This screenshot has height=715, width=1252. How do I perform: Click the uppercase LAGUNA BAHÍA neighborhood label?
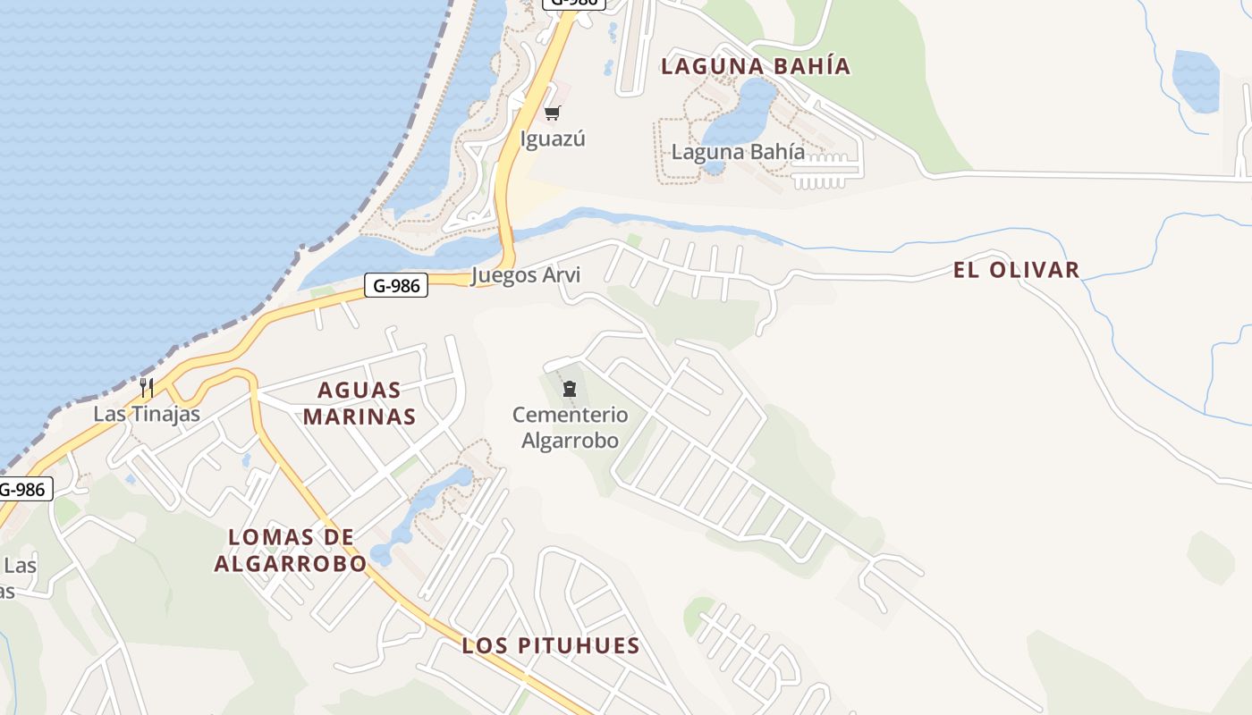(756, 66)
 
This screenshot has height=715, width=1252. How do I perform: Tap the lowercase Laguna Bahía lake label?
(738, 152)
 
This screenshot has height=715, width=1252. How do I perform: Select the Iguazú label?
(553, 139)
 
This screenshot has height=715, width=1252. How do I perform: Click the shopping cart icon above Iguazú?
(553, 114)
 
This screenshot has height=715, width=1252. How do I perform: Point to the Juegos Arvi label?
(526, 275)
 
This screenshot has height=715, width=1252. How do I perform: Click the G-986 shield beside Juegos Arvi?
(396, 286)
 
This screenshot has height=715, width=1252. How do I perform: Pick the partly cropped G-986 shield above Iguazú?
(574, 3)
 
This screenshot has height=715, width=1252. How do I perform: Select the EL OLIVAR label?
(1016, 270)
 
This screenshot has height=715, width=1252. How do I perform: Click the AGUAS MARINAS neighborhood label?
(360, 403)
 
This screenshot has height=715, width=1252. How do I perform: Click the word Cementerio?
(570, 415)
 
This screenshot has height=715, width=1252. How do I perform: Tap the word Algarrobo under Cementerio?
(570, 441)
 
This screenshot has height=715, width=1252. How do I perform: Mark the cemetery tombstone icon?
(570, 389)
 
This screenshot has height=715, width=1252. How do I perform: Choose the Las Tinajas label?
(147, 414)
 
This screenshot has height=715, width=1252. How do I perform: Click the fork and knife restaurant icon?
(147, 388)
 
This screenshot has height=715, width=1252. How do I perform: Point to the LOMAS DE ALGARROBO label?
(291, 550)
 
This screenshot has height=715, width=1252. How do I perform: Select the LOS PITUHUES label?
(551, 646)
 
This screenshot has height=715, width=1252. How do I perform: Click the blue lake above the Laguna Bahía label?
(747, 112)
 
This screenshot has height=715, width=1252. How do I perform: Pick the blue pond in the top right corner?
(1196, 80)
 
